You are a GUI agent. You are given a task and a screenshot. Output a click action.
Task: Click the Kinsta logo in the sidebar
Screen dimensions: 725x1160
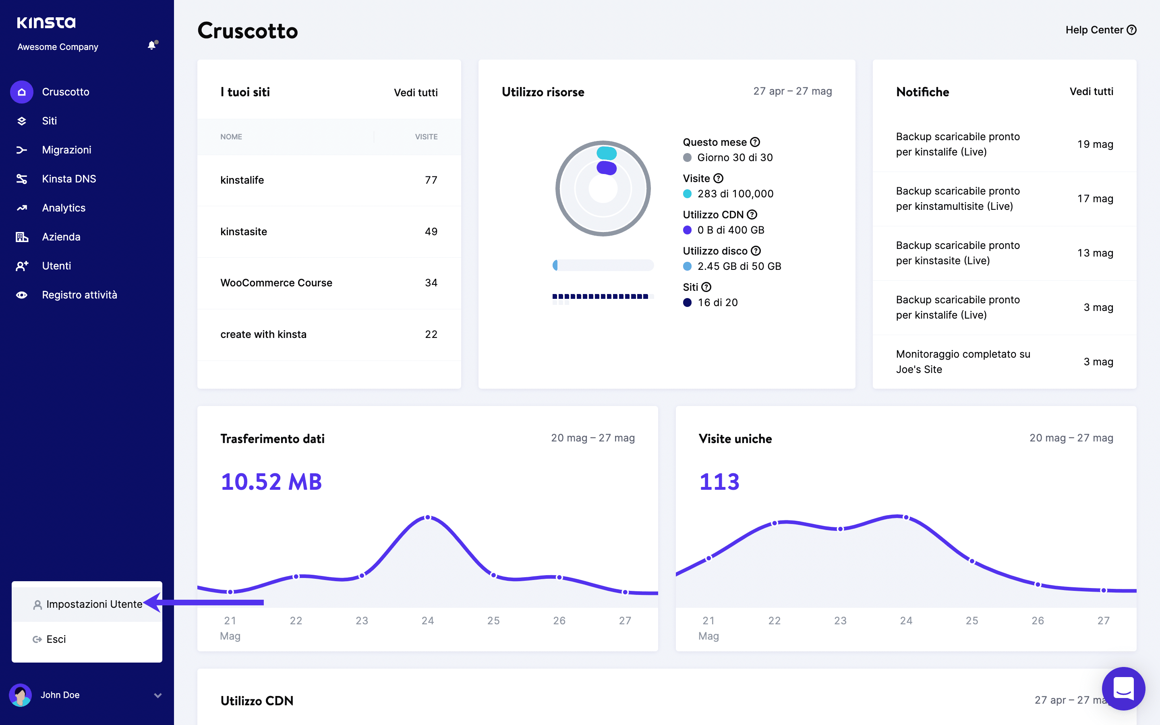point(46,23)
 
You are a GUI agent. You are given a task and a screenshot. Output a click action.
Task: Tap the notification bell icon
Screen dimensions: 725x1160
point(152,46)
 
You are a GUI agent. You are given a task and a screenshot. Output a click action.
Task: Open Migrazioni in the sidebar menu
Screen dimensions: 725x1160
point(66,150)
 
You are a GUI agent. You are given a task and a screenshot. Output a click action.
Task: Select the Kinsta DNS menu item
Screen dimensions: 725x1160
point(68,179)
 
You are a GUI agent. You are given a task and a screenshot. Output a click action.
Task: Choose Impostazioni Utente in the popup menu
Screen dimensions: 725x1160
point(94,604)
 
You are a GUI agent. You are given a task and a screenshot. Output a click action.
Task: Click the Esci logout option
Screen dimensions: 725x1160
point(56,639)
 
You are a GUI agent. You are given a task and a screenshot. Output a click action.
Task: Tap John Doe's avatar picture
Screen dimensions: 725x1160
point(21,695)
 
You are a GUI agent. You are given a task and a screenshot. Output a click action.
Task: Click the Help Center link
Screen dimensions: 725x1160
point(1100,30)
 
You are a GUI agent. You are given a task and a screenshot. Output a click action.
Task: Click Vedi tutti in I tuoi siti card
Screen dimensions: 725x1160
point(416,93)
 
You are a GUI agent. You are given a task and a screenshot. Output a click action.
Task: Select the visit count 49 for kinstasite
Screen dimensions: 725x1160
point(431,232)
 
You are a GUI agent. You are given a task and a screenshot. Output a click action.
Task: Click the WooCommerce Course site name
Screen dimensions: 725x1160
point(276,283)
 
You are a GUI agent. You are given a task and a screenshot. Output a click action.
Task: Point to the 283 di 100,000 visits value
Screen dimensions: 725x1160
point(735,194)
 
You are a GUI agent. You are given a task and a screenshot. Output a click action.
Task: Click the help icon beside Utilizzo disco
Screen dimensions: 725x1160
point(756,251)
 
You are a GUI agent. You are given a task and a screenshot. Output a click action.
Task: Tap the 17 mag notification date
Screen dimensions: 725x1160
point(1095,199)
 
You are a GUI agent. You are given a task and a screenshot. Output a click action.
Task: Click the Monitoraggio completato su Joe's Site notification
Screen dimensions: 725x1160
point(963,362)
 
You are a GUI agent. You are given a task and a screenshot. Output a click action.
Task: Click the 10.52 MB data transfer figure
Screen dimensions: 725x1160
point(271,482)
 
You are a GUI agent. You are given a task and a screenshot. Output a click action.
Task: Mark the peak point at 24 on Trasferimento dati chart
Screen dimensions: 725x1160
point(428,518)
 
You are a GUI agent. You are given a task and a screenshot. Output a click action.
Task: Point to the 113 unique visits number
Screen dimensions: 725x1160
point(719,482)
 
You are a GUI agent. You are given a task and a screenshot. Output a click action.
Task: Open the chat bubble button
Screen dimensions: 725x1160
point(1123,689)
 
